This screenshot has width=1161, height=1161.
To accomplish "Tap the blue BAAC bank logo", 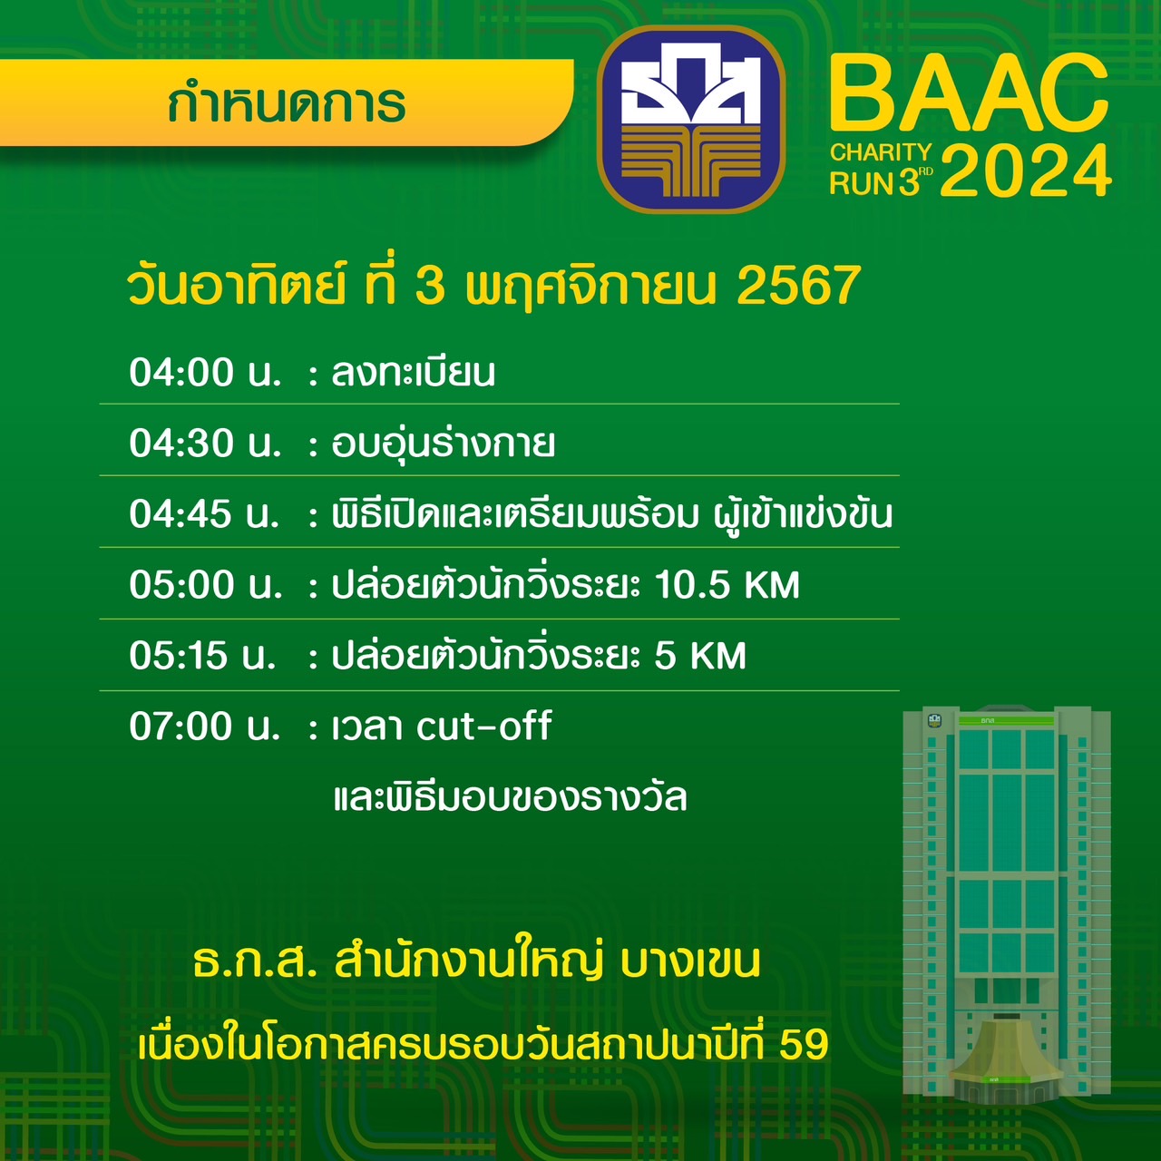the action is (x=691, y=120).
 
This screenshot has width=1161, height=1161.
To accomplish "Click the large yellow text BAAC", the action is (x=970, y=93).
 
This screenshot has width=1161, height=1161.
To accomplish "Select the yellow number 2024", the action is (x=1026, y=171).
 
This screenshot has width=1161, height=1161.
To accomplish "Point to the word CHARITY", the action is (x=881, y=152).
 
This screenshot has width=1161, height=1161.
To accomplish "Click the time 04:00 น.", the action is (x=206, y=372).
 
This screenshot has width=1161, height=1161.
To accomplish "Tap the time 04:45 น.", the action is (x=204, y=514).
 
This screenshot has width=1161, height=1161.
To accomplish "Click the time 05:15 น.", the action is (x=202, y=656).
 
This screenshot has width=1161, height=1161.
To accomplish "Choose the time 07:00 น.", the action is (x=205, y=726).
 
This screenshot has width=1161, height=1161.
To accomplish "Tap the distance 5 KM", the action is (x=700, y=656).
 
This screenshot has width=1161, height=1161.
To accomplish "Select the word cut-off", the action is (x=484, y=726).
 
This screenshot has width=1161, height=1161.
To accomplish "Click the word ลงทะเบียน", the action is (x=414, y=372).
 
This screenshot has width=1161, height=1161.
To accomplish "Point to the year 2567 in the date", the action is (x=799, y=286).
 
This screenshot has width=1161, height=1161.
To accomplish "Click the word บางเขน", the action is (x=690, y=962).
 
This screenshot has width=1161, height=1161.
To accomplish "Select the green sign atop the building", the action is (x=1006, y=720).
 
